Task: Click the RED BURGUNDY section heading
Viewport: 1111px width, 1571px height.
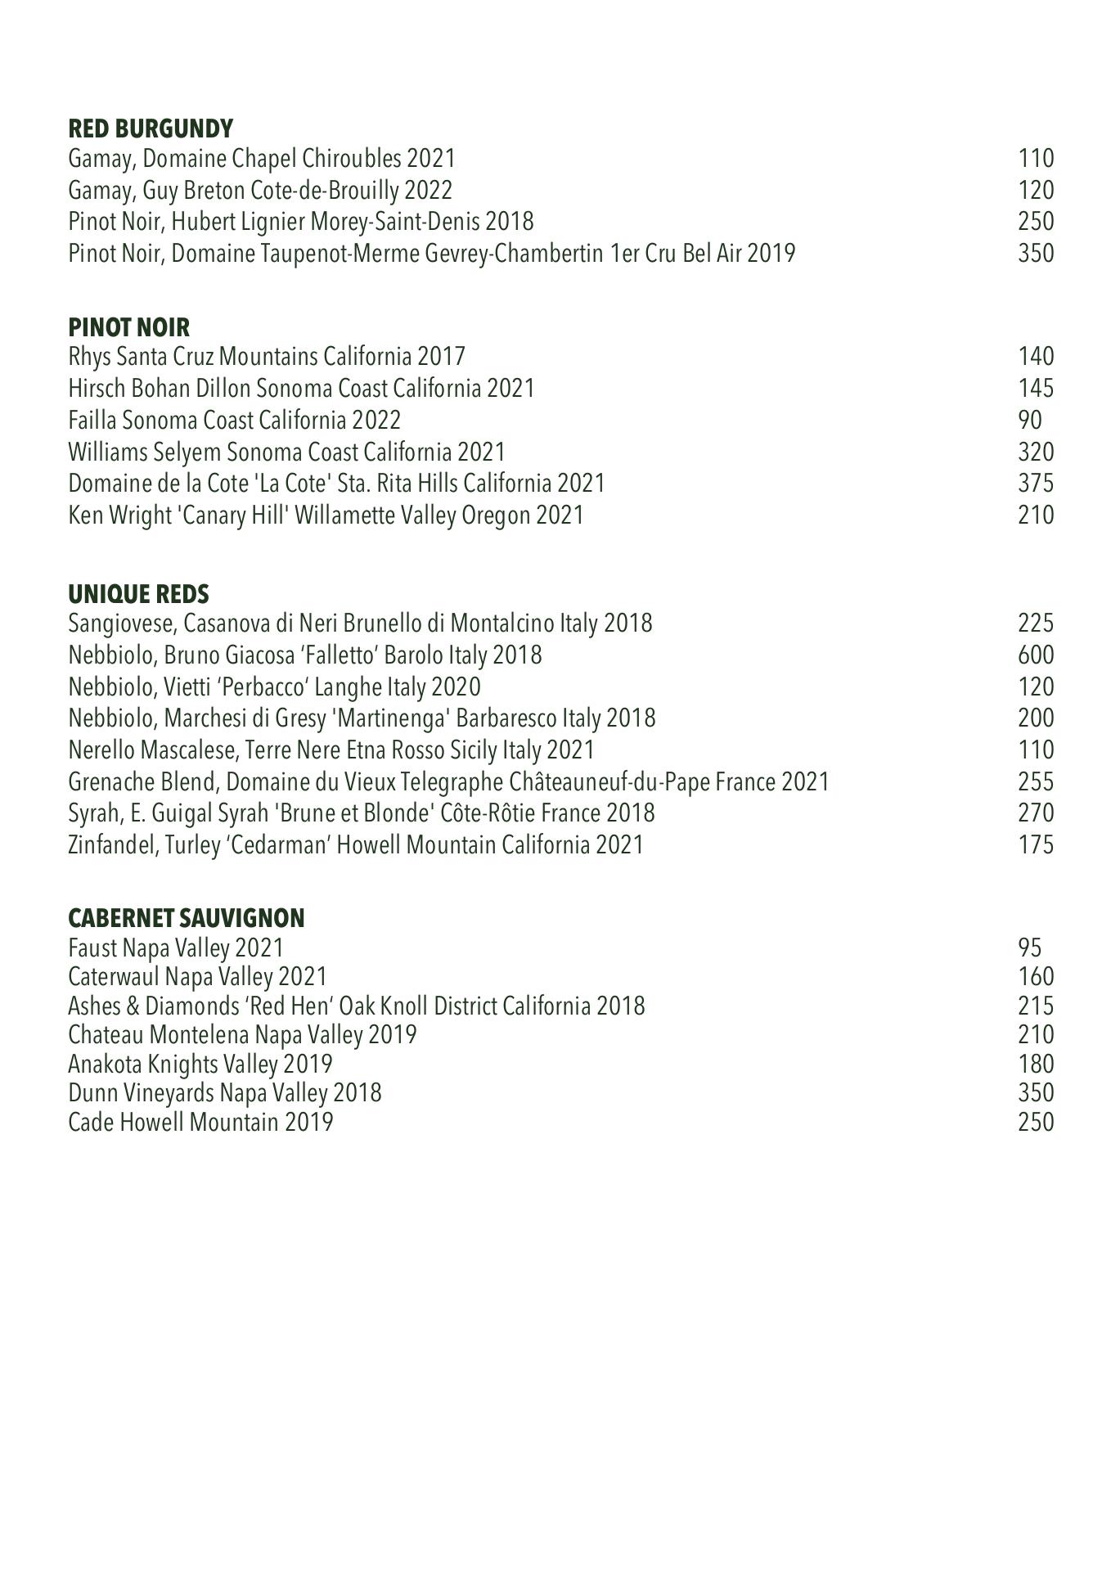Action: pyautogui.click(x=151, y=128)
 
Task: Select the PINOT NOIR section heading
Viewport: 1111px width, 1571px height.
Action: pyautogui.click(x=128, y=327)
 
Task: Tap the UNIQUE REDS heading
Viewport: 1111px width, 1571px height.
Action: pyautogui.click(x=138, y=593)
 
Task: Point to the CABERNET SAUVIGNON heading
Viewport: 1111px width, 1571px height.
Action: pyautogui.click(x=186, y=918)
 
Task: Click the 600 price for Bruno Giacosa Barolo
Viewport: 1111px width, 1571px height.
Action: pyautogui.click(x=1036, y=655)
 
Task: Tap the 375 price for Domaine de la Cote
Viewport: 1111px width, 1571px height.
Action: pyautogui.click(x=1036, y=484)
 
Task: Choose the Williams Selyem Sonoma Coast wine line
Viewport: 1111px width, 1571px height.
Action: pyautogui.click(x=286, y=452)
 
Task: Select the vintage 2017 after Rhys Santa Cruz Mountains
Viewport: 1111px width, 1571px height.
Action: pyautogui.click(x=441, y=357)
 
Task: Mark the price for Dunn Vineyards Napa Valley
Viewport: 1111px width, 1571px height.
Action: pyautogui.click(x=1036, y=1093)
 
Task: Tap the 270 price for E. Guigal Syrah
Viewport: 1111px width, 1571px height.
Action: pyautogui.click(x=1036, y=813)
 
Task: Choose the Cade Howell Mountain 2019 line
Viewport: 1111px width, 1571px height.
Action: pyautogui.click(x=200, y=1122)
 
